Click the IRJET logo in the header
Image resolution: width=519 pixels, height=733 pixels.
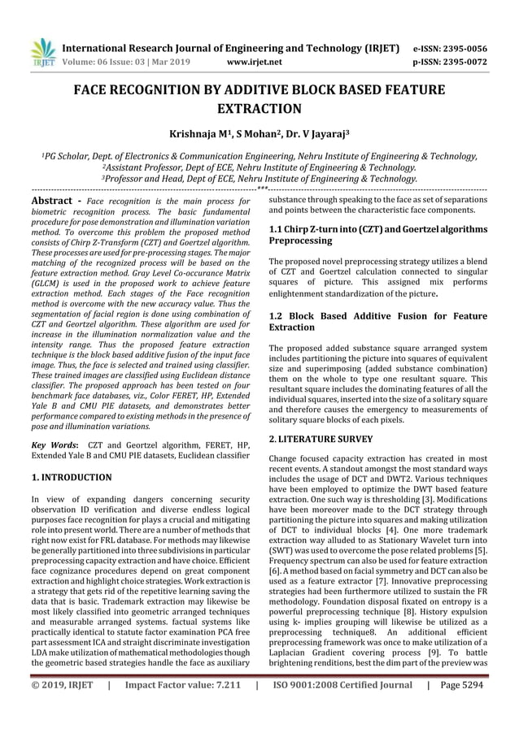(41, 51)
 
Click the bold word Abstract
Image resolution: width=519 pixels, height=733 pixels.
(54, 200)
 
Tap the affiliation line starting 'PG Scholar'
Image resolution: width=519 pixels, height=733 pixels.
(259, 157)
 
